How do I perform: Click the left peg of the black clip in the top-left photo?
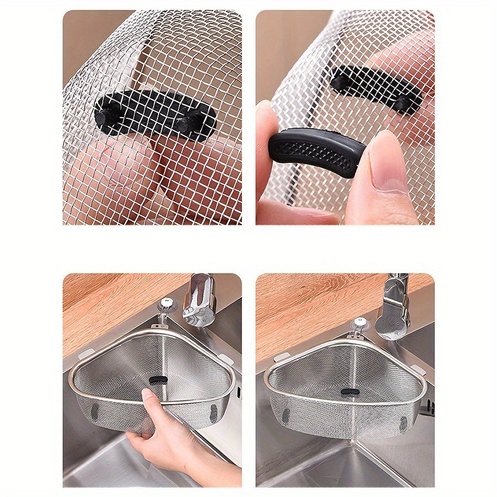[x=105, y=116]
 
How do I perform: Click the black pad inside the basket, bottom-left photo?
[x=159, y=380]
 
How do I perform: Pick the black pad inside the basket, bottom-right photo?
[x=350, y=392]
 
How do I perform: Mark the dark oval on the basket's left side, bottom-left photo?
[x=94, y=411]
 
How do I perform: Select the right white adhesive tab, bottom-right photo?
[x=419, y=369]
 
